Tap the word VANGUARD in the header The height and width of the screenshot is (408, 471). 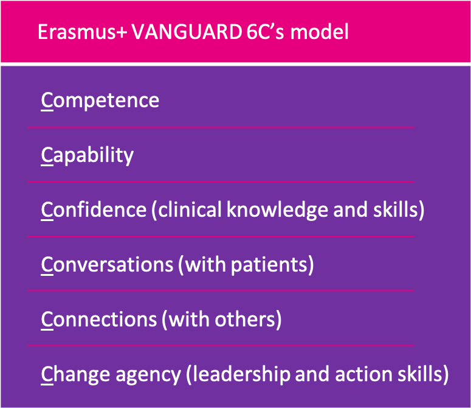[x=187, y=32]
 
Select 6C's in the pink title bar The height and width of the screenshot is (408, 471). [x=265, y=32]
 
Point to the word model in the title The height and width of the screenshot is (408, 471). [x=319, y=32]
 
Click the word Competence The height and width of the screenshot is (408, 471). [x=100, y=100]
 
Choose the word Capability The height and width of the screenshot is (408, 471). [x=87, y=155]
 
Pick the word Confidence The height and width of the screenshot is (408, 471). [x=94, y=209]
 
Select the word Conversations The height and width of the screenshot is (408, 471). [x=107, y=264]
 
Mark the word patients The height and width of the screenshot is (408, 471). [x=269, y=265]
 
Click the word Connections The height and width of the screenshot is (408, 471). [x=99, y=319]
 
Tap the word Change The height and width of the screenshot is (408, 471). [x=76, y=375]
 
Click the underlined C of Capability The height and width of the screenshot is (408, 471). [x=47, y=155]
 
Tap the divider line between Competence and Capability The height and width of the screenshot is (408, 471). [x=221, y=127]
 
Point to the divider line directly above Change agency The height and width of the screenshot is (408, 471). [x=221, y=345]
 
